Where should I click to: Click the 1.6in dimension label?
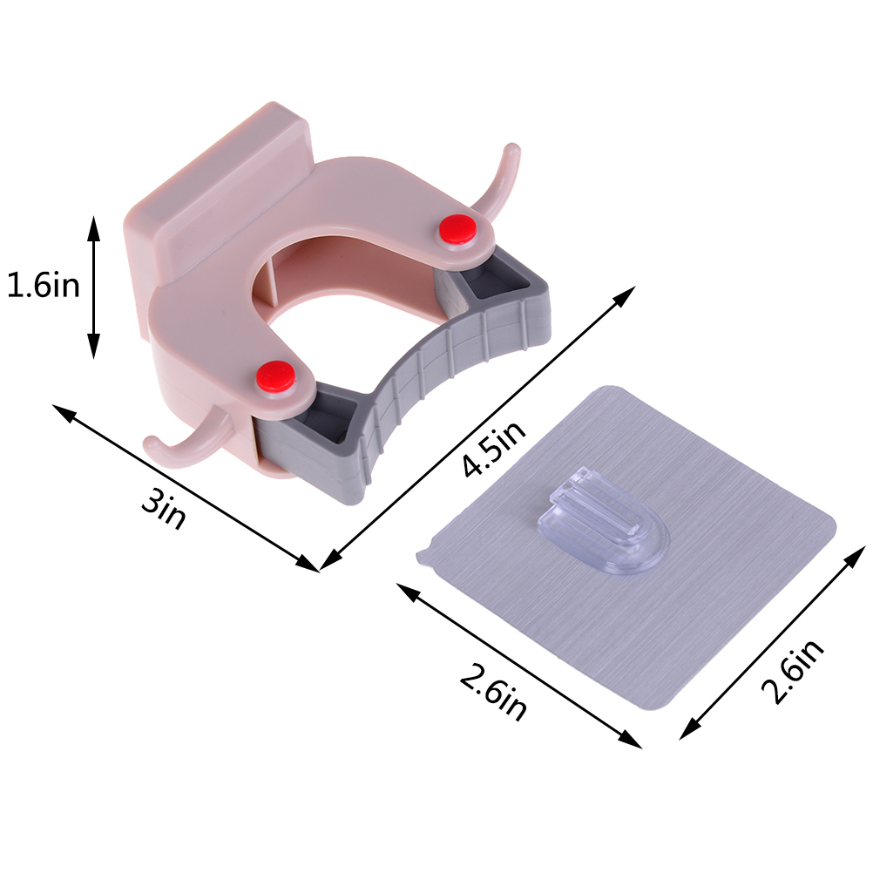[43, 286]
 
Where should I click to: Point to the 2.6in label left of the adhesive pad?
[493, 691]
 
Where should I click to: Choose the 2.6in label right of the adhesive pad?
[792, 670]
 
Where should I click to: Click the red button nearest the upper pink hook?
[457, 229]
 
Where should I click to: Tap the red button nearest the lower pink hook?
[275, 376]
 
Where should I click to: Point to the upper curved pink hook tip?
[511, 149]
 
